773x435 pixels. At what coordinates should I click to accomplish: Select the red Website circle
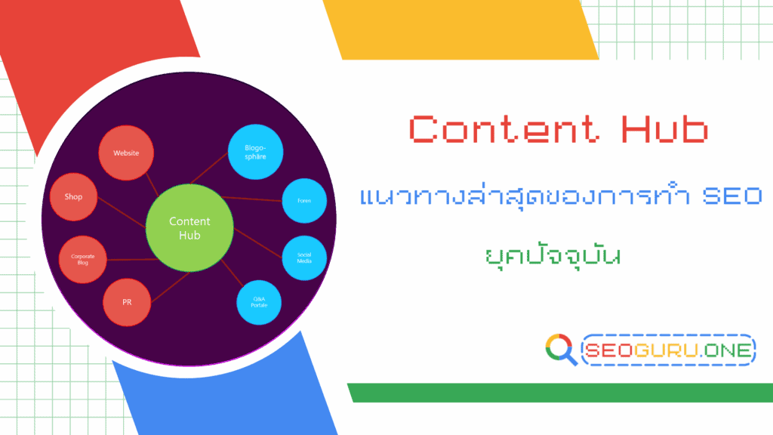coord(126,153)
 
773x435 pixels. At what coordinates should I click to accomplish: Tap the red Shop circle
coord(73,197)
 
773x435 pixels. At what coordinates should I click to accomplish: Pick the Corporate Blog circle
coord(83,259)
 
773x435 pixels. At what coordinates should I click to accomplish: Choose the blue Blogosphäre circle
coord(254,152)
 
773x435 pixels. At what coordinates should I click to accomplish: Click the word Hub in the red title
coord(664,129)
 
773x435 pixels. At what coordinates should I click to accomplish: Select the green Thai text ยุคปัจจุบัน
coord(552,253)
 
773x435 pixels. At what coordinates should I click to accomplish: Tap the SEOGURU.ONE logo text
coord(669,350)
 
